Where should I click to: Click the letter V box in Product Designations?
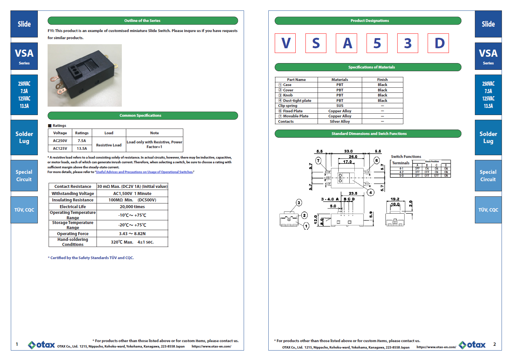coord(285,43)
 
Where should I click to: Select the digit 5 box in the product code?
coord(377,43)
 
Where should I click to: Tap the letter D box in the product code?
coord(438,43)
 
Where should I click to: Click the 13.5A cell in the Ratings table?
coord(82,148)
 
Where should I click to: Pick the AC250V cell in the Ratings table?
coord(60,141)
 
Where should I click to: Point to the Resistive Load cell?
coord(109,145)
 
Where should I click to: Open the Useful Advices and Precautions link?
coord(144,172)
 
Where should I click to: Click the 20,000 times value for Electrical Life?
coord(132,207)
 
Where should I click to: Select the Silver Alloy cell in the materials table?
coord(340,121)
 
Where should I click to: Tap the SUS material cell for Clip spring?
coord(340,106)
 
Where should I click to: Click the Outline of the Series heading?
coord(142,21)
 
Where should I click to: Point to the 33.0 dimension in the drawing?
coord(348,151)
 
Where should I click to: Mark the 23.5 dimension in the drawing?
coord(353,193)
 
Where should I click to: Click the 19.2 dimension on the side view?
coord(395,199)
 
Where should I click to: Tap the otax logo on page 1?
coord(41,344)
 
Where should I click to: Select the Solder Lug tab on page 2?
coord(488,137)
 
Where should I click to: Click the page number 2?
coord(494,344)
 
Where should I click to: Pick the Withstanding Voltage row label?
coord(73,194)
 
